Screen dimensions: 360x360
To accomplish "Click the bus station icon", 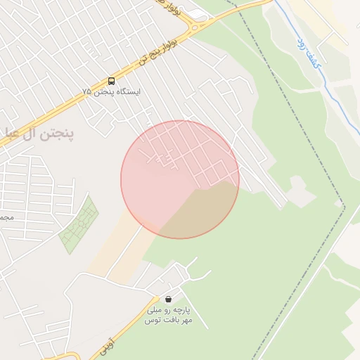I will click(112, 81).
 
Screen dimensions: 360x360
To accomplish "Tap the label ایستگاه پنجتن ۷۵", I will click(111, 92).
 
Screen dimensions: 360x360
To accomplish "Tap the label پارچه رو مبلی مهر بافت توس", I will click(168, 314).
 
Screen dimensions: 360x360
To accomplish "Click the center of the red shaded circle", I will click(180, 179).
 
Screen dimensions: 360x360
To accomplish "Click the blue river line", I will click(330, 91).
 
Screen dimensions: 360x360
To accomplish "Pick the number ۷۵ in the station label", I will click(87, 92).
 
